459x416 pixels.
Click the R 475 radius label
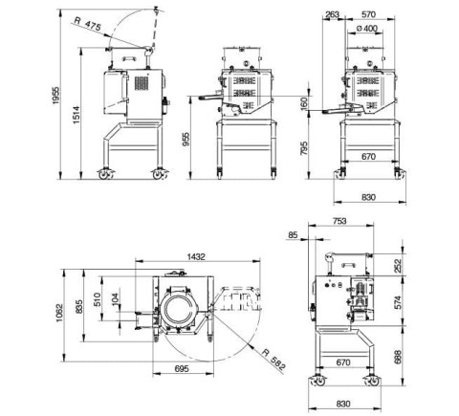(89, 21)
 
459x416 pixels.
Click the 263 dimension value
(332, 13)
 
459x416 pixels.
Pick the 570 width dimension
(368, 13)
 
